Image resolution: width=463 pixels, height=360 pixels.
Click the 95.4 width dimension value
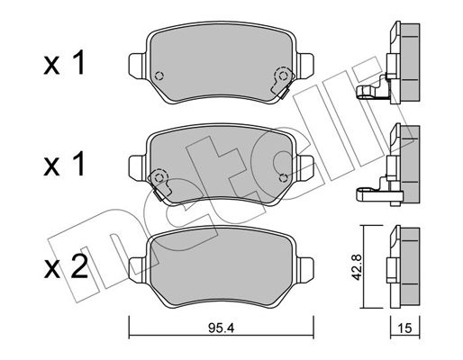point(221,328)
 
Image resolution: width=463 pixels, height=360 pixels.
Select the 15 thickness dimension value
point(405,328)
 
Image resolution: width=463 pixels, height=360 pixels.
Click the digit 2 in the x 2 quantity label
point(78,266)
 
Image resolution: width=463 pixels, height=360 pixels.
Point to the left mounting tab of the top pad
point(138,65)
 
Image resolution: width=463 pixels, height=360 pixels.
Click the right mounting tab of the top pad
point(304,65)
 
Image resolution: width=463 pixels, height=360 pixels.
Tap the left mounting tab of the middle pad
point(138,167)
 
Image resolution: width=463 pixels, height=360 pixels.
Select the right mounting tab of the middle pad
point(304,167)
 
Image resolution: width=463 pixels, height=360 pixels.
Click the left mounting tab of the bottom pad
point(138,269)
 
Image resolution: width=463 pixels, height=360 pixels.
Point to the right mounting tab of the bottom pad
point(304,269)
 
